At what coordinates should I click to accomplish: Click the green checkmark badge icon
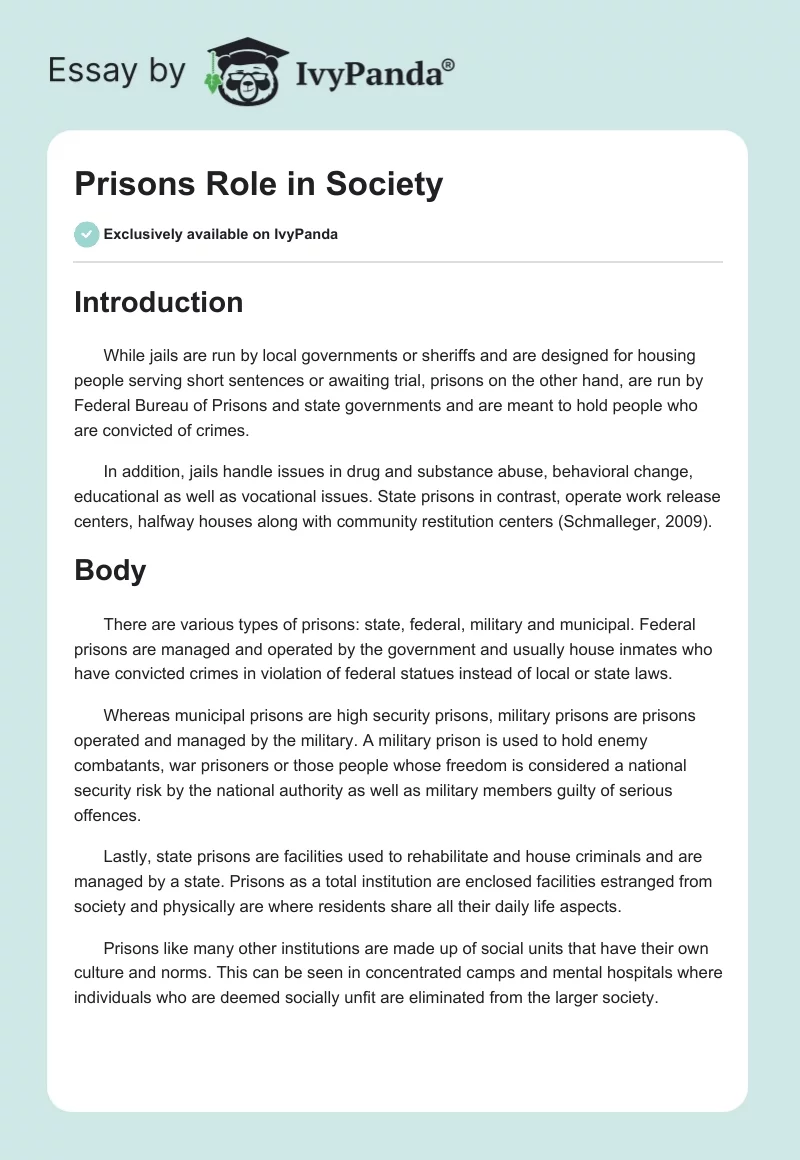coord(86,234)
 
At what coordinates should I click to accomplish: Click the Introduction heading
coord(158,302)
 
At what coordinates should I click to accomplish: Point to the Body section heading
coord(110,570)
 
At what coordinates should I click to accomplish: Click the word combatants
coord(116,766)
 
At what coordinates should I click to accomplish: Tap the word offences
coord(107,814)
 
